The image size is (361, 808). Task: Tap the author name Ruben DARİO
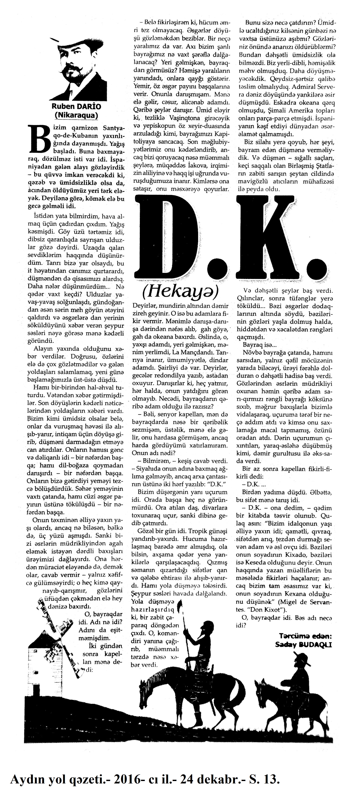(x=76, y=107)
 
